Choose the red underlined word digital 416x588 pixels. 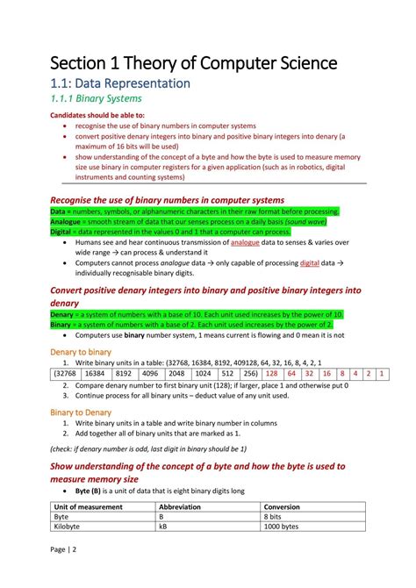[310, 262]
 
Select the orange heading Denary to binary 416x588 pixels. [81, 352]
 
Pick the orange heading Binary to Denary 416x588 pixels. [81, 412]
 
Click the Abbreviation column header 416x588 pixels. [180, 506]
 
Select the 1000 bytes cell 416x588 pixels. [281, 527]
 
